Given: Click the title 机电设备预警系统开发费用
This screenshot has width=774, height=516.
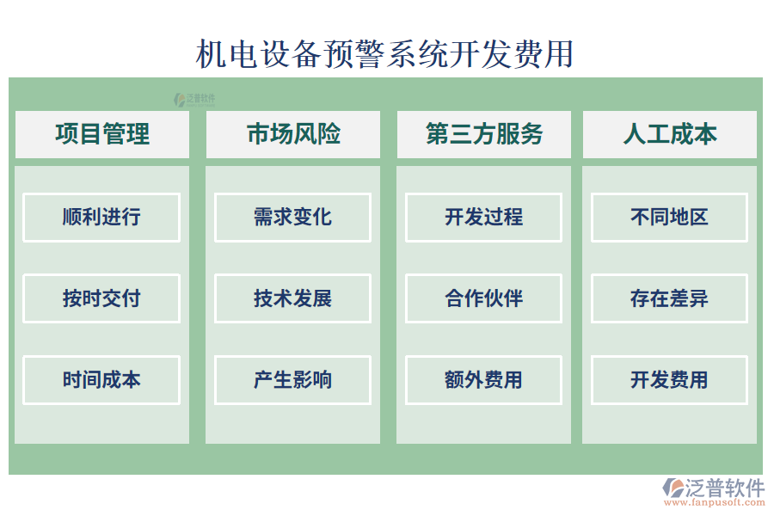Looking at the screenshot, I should click(x=384, y=53).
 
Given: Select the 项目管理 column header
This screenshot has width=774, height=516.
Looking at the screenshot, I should click(x=102, y=134).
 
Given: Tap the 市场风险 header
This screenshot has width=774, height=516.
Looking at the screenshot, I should click(x=293, y=134).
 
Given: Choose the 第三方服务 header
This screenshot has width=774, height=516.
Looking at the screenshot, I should click(x=484, y=134).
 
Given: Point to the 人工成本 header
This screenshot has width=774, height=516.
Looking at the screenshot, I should click(x=670, y=134).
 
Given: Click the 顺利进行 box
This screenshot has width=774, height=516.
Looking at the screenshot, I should click(x=101, y=217).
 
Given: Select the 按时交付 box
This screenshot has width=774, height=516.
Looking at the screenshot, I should click(x=101, y=298).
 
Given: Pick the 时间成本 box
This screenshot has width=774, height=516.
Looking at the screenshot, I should click(x=101, y=379).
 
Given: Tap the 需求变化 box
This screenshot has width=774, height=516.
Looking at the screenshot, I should click(x=292, y=217).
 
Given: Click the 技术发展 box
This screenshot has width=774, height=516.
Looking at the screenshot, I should click(x=292, y=298).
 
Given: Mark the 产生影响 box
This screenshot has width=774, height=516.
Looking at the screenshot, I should click(x=292, y=379).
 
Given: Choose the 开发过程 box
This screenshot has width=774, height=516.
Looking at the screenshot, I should click(x=483, y=217).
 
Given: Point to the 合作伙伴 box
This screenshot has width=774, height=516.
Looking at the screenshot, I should click(x=483, y=298).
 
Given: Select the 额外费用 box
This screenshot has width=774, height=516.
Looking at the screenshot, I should click(x=483, y=379).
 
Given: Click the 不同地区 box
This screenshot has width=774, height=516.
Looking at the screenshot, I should click(x=669, y=217).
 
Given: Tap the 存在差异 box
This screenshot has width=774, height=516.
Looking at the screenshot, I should click(x=669, y=298).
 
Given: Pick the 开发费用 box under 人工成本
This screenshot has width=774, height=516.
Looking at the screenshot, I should click(x=669, y=379).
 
